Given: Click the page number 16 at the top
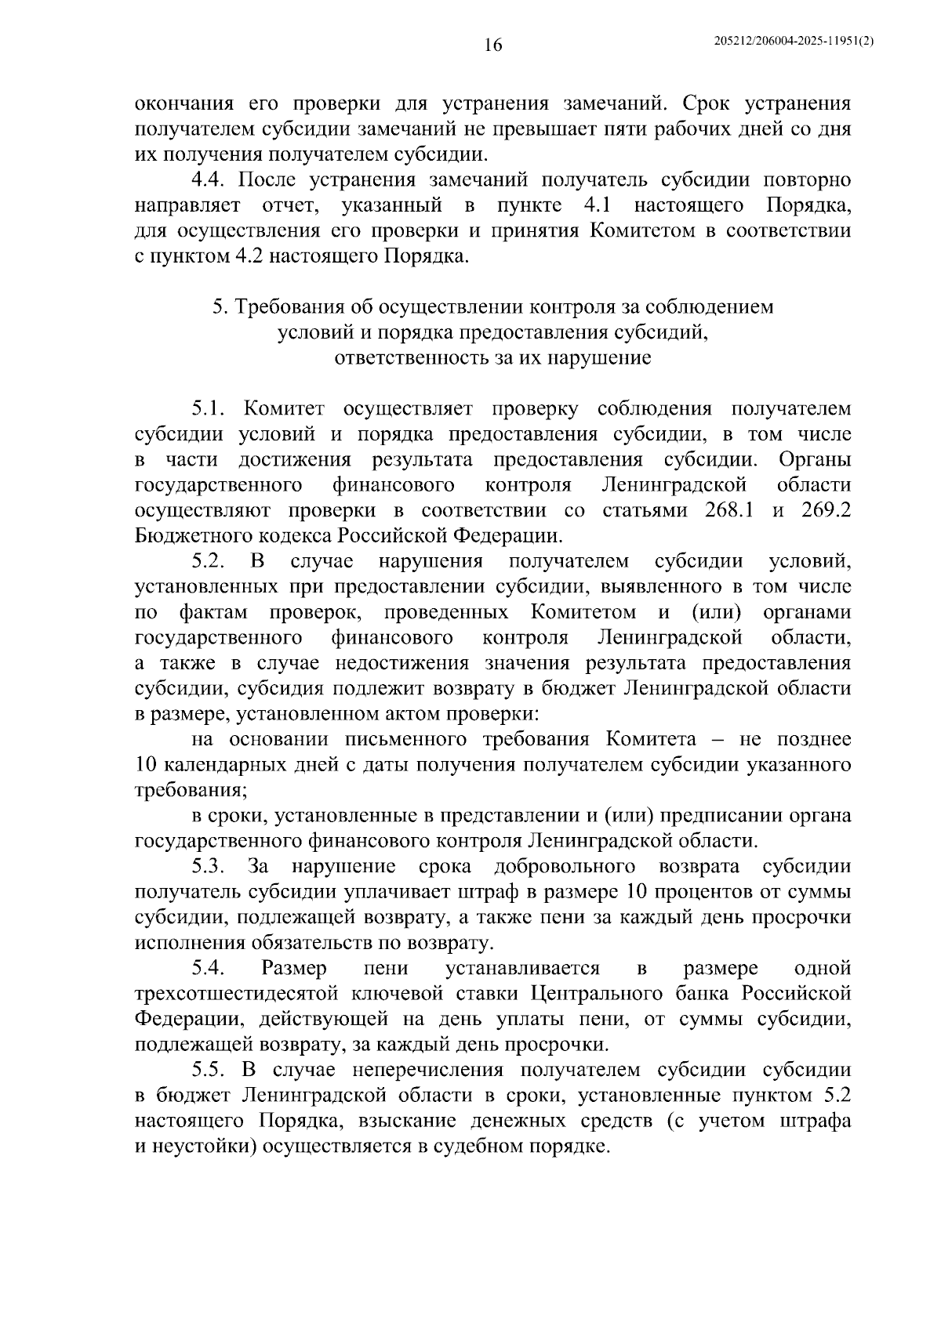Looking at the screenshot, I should tap(492, 45).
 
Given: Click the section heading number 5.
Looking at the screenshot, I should tap(219, 307).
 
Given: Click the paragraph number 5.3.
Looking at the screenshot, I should tap(209, 866).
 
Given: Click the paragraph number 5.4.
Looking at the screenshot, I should tap(209, 969).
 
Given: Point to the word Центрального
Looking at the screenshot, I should tap(598, 994).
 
